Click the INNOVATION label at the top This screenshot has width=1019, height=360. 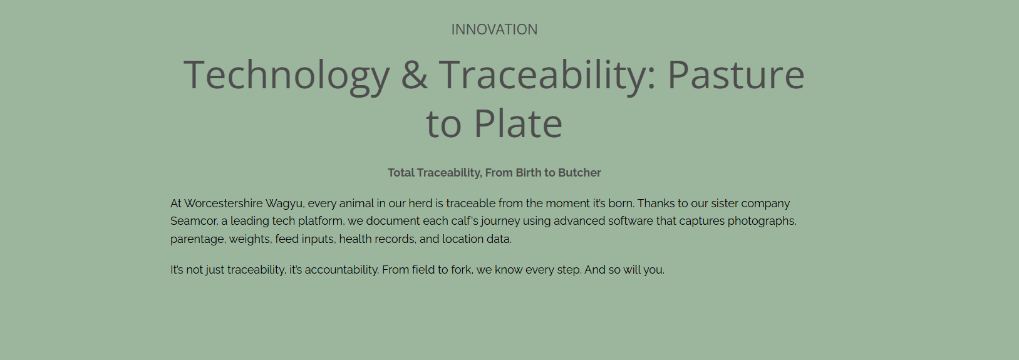[494, 29]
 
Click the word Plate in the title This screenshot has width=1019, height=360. [518, 123]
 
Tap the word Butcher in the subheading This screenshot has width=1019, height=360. [579, 173]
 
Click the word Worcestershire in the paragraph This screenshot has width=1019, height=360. [223, 203]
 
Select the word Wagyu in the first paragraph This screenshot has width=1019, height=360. [285, 204]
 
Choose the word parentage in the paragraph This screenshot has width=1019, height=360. [198, 240]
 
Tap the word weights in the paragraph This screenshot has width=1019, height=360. [250, 240]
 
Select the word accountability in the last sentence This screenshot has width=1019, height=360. [341, 270]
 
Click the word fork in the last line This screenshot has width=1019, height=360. [462, 270]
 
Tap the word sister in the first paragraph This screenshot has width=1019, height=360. [723, 203]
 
